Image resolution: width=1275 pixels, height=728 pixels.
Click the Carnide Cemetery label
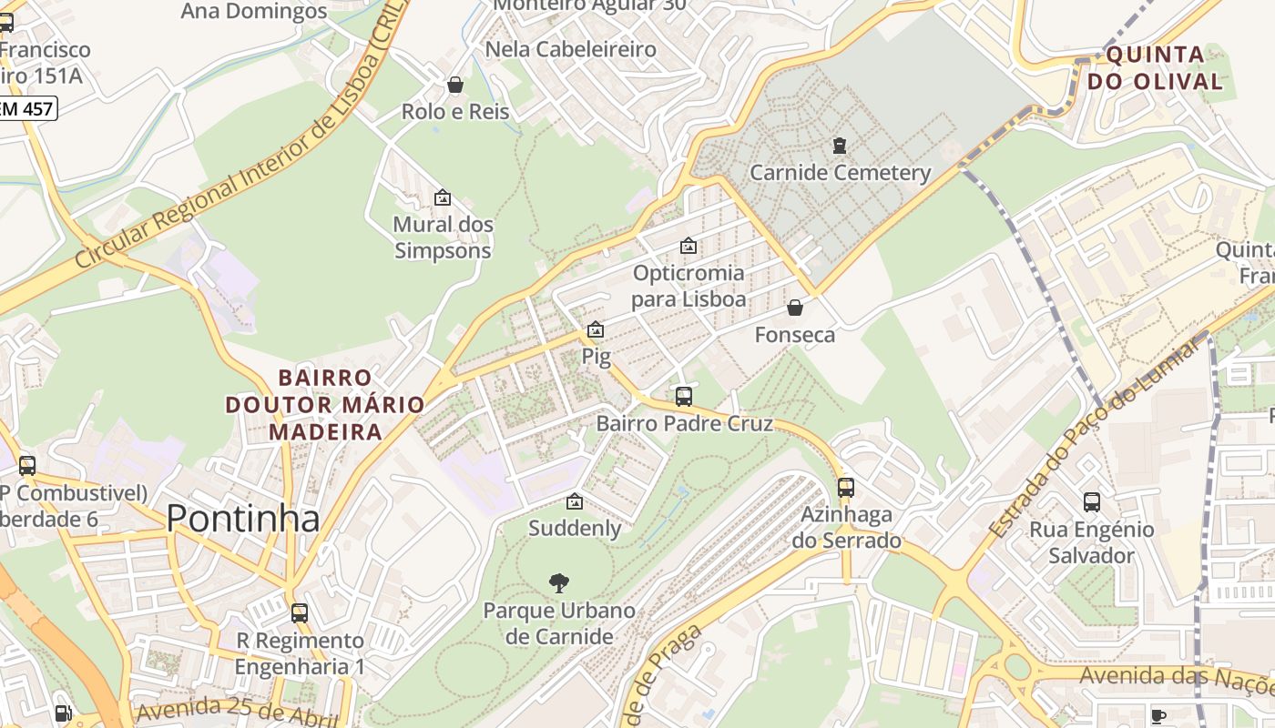[840, 172]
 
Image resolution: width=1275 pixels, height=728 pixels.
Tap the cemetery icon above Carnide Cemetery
[839, 145]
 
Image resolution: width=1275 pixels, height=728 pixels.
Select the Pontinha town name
[243, 518]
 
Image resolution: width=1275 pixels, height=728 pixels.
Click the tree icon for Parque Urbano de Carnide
[559, 583]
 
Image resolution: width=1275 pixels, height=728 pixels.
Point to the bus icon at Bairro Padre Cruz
[684, 396]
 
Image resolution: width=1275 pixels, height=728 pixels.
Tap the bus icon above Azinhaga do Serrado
[846, 487]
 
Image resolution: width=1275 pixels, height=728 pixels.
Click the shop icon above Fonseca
[795, 308]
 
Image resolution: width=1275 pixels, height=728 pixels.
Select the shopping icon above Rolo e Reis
[455, 85]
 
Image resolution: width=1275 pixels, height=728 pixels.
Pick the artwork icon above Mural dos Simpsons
[443, 197]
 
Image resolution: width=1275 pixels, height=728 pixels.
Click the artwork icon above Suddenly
[575, 501]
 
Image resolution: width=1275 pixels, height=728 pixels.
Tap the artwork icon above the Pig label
[596, 329]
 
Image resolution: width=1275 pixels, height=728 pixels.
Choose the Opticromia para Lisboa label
[688, 286]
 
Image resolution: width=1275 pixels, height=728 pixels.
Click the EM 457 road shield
[27, 109]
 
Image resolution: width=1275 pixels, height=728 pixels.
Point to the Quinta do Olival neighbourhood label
[1164, 67]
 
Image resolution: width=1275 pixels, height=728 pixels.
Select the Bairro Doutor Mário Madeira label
[325, 404]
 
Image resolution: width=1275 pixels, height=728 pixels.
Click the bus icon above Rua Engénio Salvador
[1092, 501]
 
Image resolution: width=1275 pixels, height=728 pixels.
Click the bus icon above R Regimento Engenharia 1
[300, 612]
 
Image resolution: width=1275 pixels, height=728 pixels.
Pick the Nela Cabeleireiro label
[571, 48]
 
